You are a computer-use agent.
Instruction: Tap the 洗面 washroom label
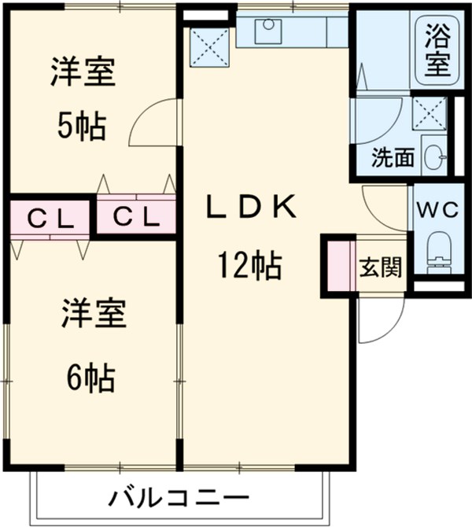click(x=393, y=157)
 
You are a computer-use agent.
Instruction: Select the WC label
click(x=436, y=210)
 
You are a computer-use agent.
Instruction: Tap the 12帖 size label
click(x=250, y=268)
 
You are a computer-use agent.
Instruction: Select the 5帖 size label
click(x=80, y=126)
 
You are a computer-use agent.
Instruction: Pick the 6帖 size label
click(x=88, y=379)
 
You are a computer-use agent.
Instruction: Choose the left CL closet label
click(x=50, y=218)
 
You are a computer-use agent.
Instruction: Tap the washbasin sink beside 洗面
click(x=434, y=157)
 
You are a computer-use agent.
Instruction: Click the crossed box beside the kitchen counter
click(x=209, y=45)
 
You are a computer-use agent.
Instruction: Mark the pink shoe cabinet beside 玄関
click(x=338, y=266)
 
